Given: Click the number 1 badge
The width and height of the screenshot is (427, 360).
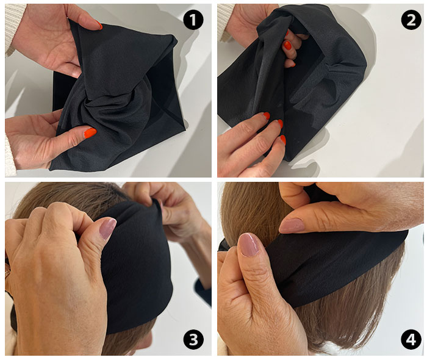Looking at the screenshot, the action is click(x=193, y=20).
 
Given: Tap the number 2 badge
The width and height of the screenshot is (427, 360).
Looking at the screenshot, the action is click(x=411, y=20).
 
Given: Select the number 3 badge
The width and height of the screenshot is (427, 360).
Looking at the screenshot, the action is click(x=193, y=340).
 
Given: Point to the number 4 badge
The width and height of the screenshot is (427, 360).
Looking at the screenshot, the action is click(x=411, y=340).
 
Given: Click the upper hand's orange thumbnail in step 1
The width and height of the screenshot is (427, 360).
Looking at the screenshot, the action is click(x=99, y=26).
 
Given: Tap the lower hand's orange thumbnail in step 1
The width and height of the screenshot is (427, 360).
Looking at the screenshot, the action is click(x=90, y=133).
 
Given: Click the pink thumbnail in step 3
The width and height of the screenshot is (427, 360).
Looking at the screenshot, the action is click(x=107, y=228).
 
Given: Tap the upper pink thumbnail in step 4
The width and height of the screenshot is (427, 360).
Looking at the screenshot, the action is click(x=292, y=226).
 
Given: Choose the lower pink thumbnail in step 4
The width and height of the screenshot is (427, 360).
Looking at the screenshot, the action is click(x=248, y=245).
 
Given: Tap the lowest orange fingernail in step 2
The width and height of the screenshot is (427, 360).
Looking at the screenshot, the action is click(x=283, y=140).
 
